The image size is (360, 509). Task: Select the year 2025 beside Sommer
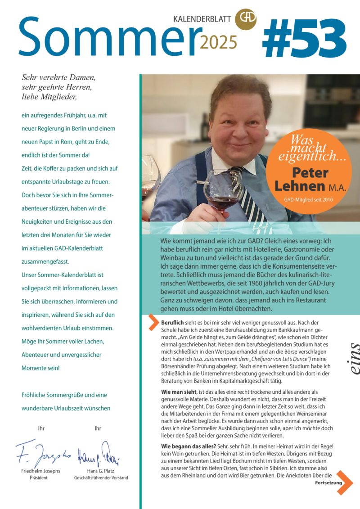[218, 42]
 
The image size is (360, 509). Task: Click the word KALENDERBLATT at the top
[202, 19]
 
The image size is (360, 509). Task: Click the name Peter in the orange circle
[310, 172]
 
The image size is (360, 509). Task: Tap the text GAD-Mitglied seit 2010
[308, 198]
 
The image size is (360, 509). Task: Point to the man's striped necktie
[243, 194]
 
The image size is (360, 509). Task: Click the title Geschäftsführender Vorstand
[101, 477]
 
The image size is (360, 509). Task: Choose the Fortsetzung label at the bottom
[328, 483]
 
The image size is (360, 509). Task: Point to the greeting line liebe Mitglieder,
[49, 96]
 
